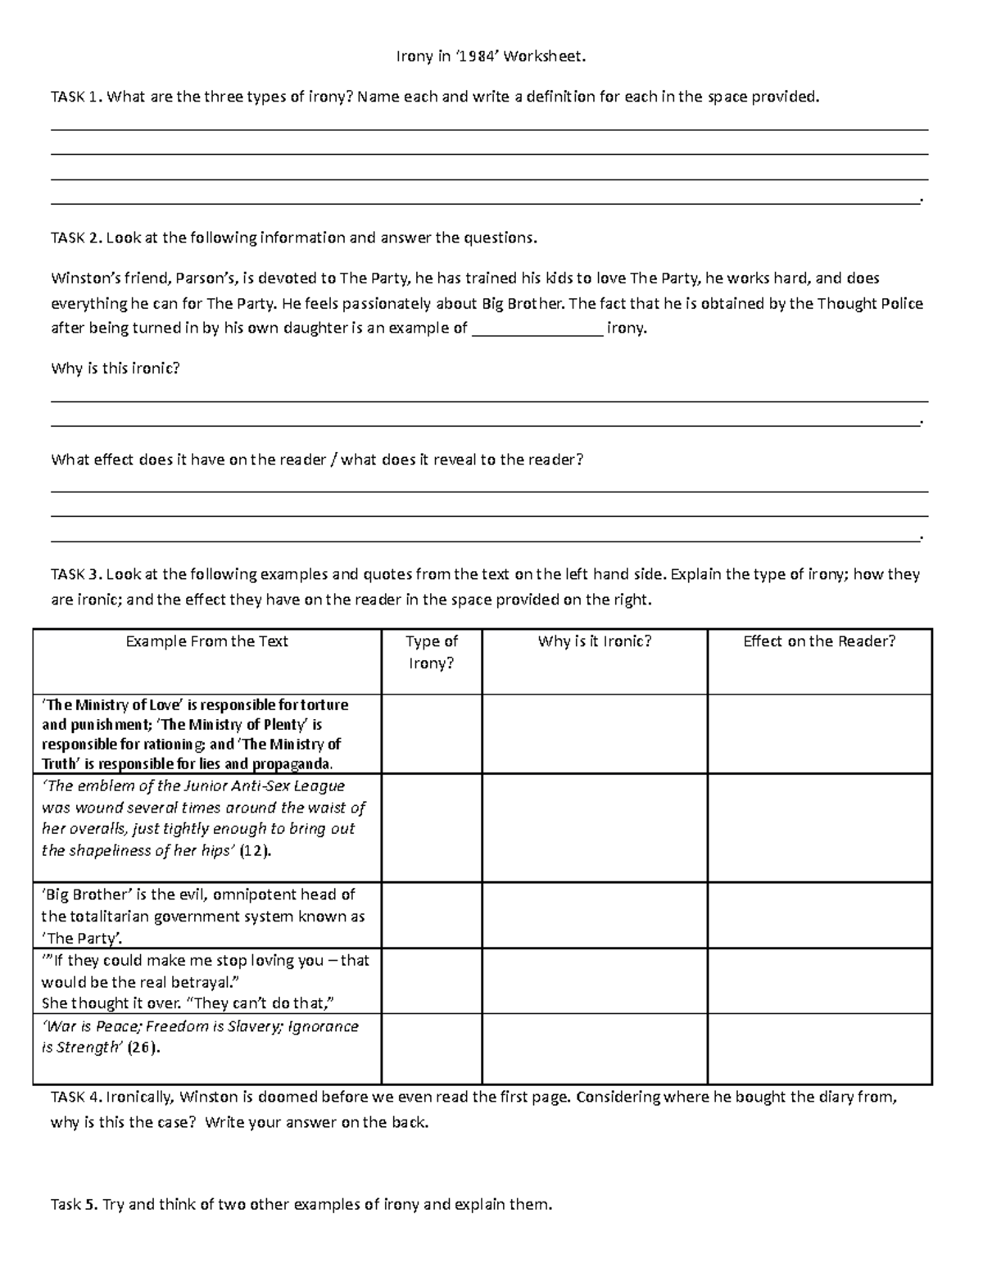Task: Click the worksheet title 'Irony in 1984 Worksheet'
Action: click(491, 57)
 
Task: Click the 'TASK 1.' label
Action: click(77, 97)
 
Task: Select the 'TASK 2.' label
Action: click(77, 238)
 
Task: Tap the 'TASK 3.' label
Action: click(77, 574)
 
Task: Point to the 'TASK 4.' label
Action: click(77, 1098)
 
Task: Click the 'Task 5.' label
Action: click(75, 1204)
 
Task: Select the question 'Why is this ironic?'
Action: click(115, 369)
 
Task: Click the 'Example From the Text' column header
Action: click(206, 641)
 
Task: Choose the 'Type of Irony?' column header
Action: click(432, 652)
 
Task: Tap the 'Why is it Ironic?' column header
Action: click(595, 641)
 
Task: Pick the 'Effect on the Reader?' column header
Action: click(819, 641)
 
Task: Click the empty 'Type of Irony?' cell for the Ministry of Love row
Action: click(432, 734)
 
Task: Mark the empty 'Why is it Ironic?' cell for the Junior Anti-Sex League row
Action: click(595, 827)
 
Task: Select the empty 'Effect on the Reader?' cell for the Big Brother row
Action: click(819, 915)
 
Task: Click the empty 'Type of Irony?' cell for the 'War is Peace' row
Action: click(432, 1049)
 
